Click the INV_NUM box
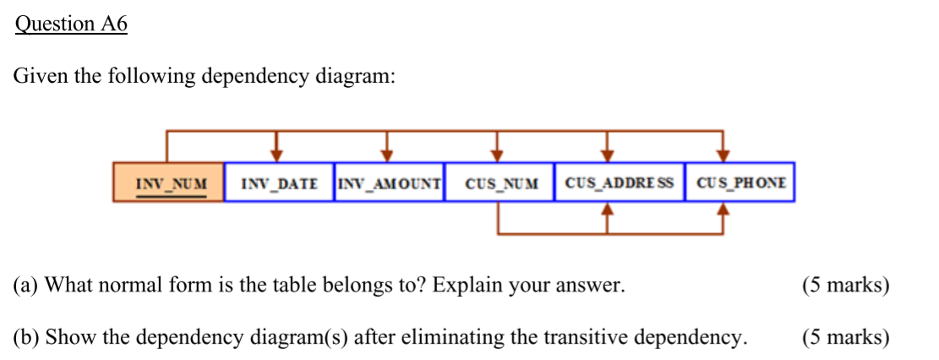tap(168, 183)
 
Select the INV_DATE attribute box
tap(279, 183)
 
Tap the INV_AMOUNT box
tap(389, 183)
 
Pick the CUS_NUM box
tap(500, 183)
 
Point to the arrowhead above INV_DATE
tap(276, 154)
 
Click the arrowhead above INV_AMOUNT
tap(387, 154)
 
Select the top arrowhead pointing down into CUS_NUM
tap(497, 154)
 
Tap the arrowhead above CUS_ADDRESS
tap(607, 154)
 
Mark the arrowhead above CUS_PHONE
tap(723, 154)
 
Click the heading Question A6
tap(71, 25)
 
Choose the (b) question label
tap(26, 338)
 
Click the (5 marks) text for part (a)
tap(845, 285)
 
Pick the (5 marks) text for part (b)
tap(845, 338)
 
